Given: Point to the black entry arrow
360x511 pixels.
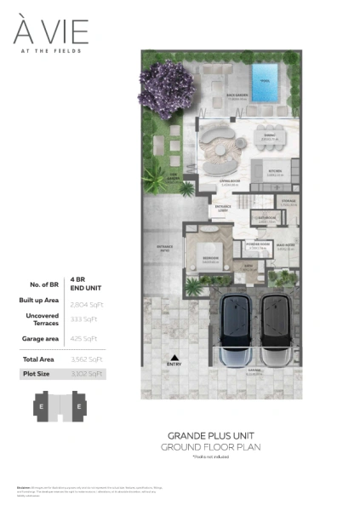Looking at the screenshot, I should (x=175, y=359).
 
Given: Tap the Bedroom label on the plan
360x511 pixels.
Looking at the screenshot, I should (x=209, y=259).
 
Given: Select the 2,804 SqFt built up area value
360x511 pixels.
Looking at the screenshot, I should (x=86, y=302).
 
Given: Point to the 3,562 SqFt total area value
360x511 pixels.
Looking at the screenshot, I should (x=86, y=359).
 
